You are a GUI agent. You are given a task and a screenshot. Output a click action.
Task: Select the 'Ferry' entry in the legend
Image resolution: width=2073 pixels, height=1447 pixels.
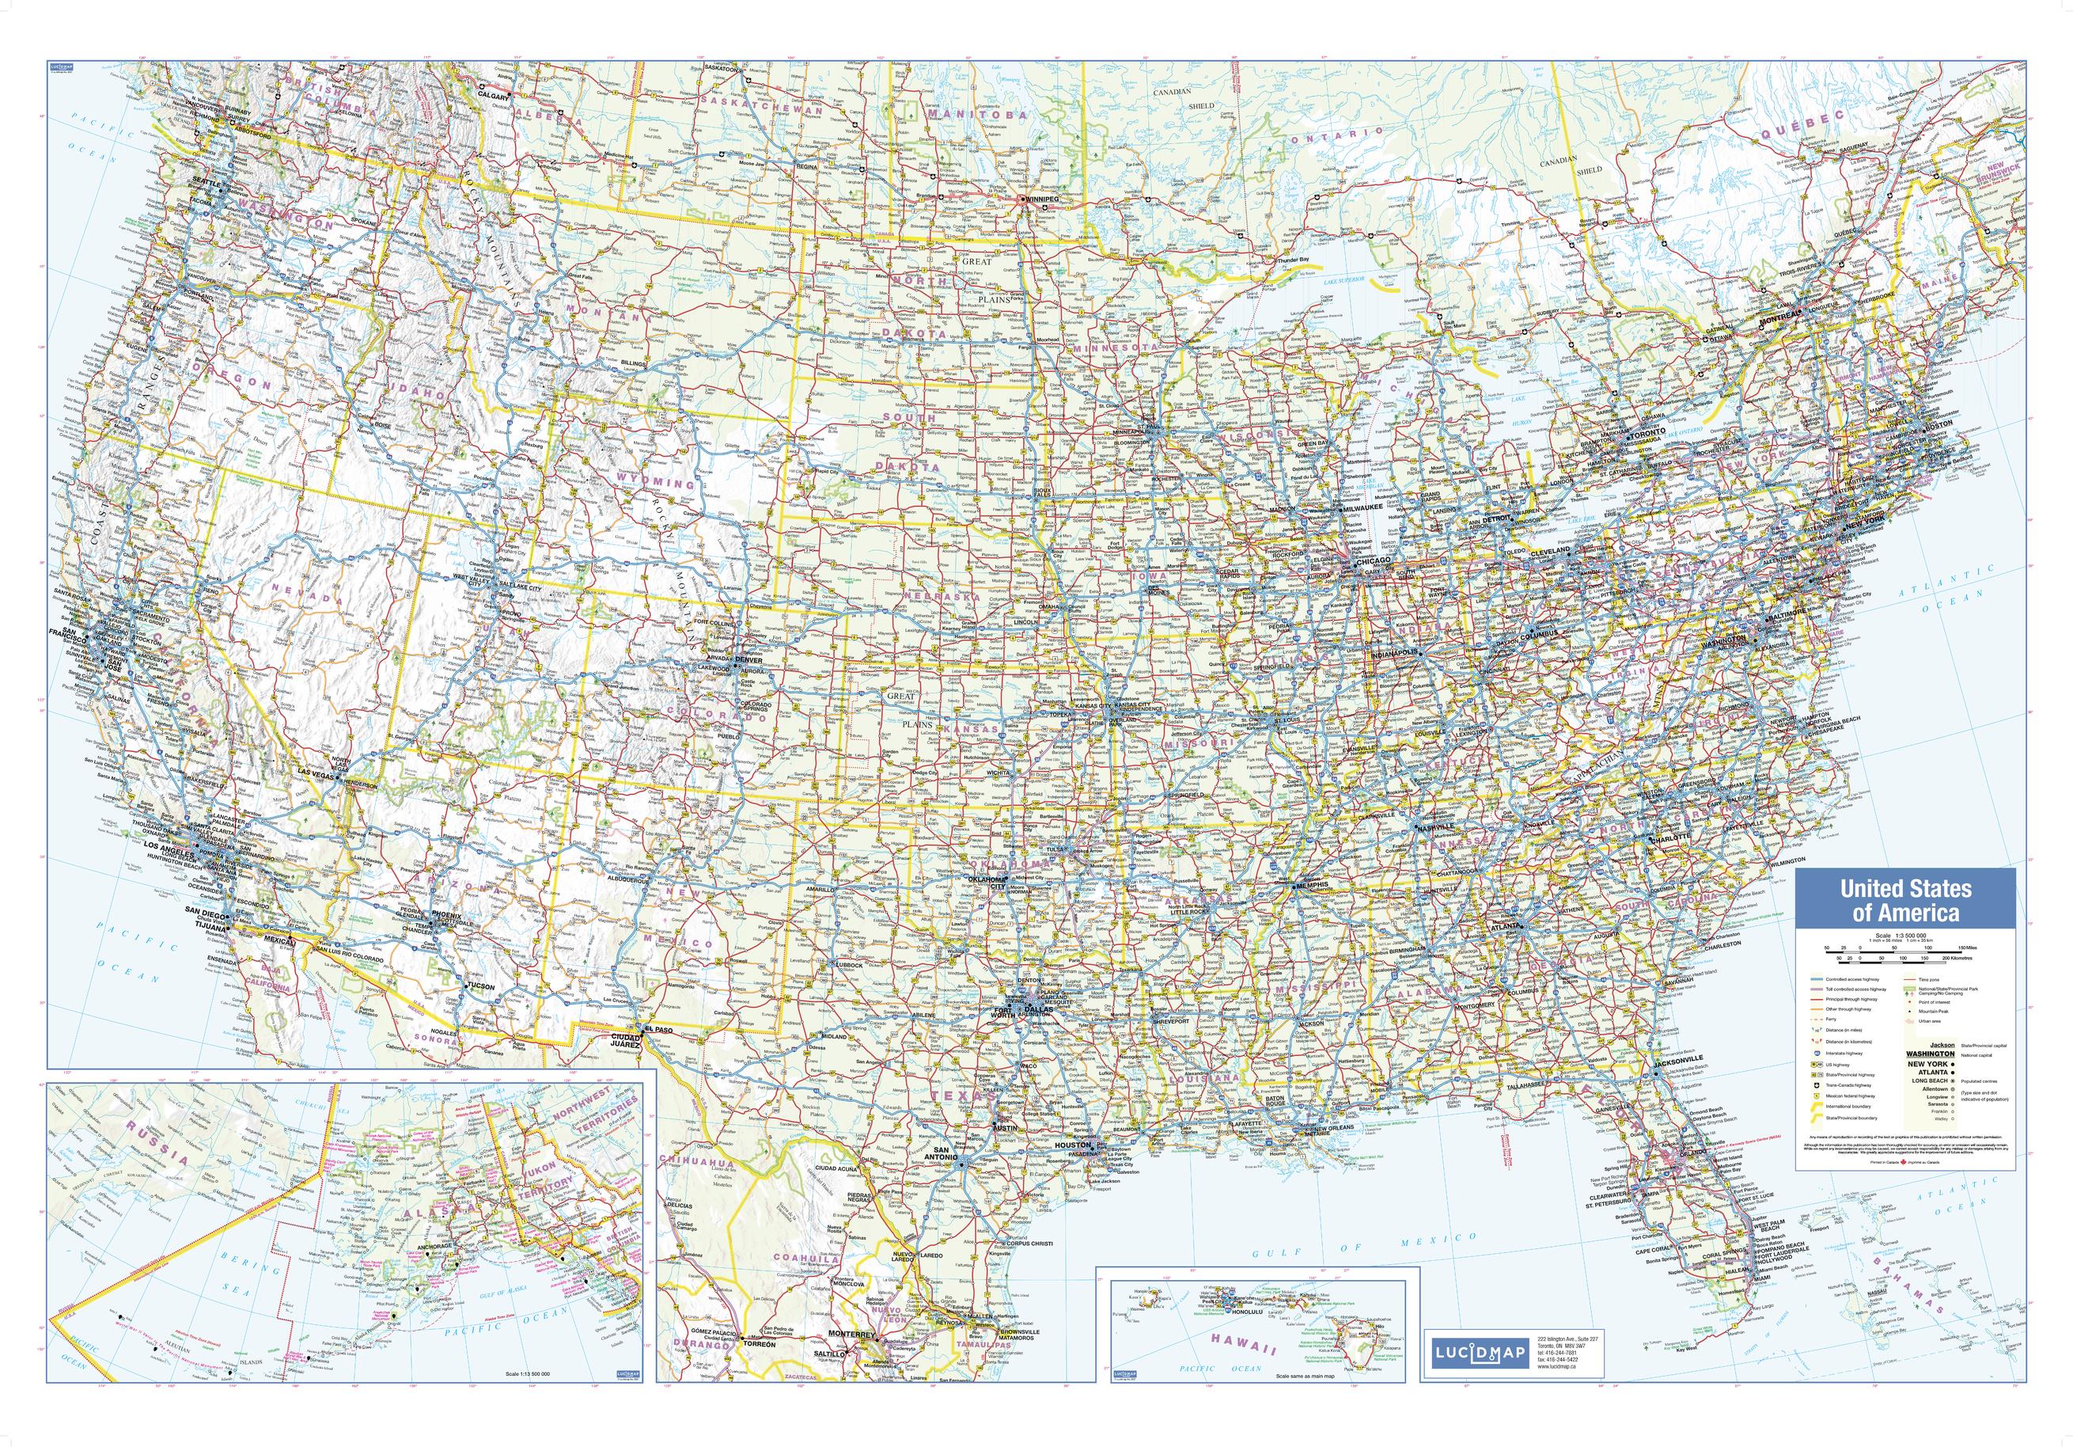pos(1831,1020)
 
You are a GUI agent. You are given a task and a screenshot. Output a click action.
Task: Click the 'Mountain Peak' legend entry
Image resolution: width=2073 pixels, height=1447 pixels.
pos(1934,1012)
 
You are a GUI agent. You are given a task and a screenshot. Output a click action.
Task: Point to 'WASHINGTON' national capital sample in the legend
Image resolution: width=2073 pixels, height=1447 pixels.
pos(1931,1054)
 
